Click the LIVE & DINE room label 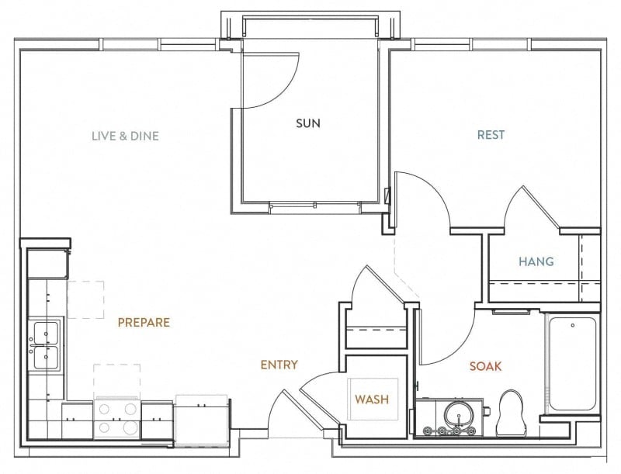[x=125, y=136]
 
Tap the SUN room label [x=308, y=123]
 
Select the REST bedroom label [x=491, y=135]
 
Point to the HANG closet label [x=536, y=261]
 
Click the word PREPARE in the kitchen [x=144, y=323]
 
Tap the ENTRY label [x=279, y=365]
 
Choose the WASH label [x=372, y=400]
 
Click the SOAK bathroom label [x=486, y=366]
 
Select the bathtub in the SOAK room [x=573, y=364]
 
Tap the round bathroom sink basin [x=459, y=414]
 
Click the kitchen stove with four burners [x=117, y=418]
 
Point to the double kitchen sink [x=46, y=345]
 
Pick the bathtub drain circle [x=573, y=326]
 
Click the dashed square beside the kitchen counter [x=86, y=299]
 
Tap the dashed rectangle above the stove [x=117, y=380]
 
